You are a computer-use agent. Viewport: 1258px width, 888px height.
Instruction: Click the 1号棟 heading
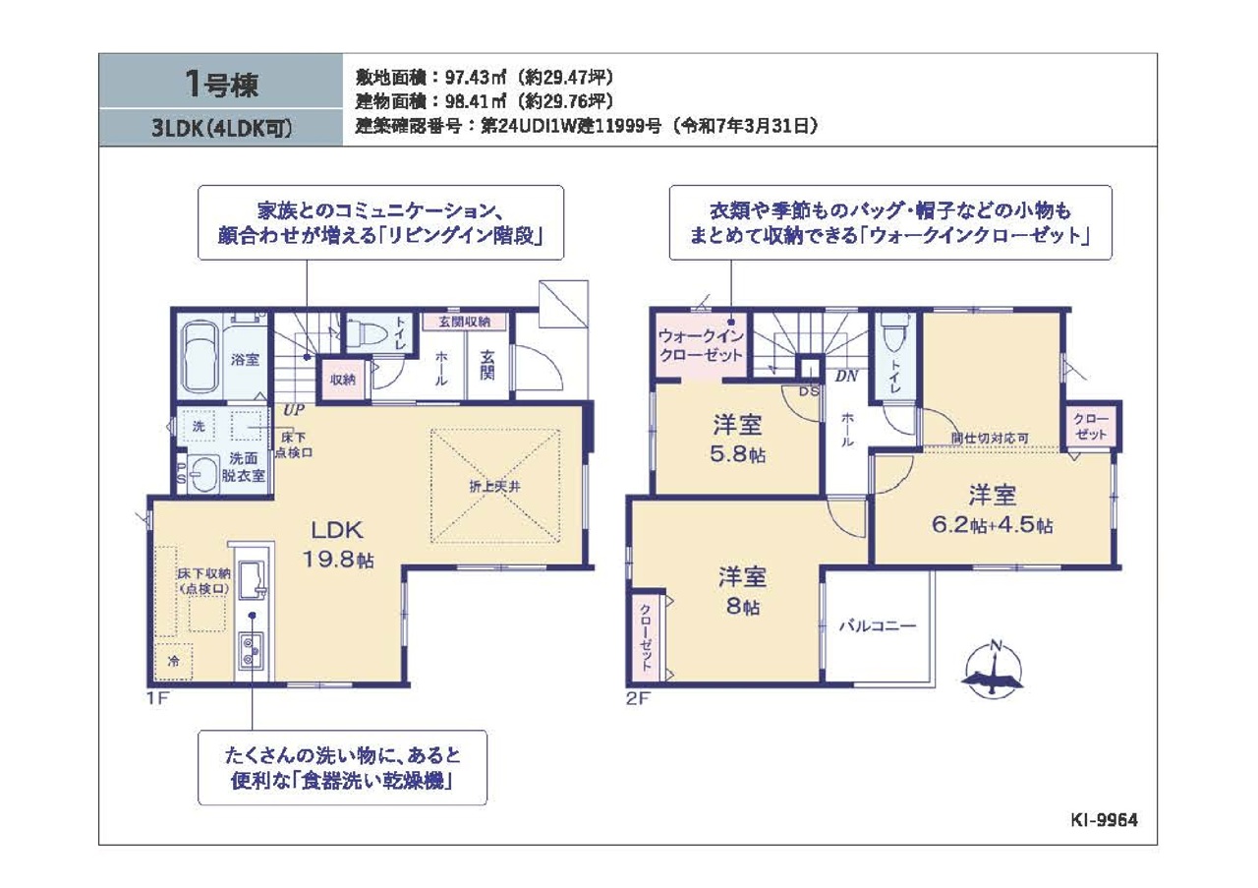point(221,85)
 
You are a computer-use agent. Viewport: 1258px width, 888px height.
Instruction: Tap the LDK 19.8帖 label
point(337,544)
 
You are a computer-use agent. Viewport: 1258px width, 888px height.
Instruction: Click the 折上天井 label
point(494,487)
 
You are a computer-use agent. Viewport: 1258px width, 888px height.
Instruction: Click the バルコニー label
point(878,626)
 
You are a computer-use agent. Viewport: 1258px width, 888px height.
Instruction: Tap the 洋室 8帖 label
point(742,591)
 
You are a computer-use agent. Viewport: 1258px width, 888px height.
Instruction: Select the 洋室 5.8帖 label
point(737,439)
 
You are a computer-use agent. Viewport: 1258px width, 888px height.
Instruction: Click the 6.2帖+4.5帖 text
point(992,525)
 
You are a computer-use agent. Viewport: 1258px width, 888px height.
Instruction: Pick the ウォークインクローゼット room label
point(701,345)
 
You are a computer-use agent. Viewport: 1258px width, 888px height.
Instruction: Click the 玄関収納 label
point(465,322)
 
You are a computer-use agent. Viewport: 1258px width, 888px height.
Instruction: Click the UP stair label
point(293,410)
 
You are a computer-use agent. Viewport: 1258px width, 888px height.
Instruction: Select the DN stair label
point(846,376)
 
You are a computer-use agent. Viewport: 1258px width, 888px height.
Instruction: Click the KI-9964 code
point(1104,820)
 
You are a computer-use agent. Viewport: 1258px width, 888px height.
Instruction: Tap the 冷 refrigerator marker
point(174,661)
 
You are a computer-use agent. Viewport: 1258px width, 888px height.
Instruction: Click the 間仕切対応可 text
point(990,438)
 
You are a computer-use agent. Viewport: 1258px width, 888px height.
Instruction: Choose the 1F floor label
point(158,698)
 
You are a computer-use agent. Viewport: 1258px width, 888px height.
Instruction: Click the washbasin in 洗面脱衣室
point(202,474)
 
